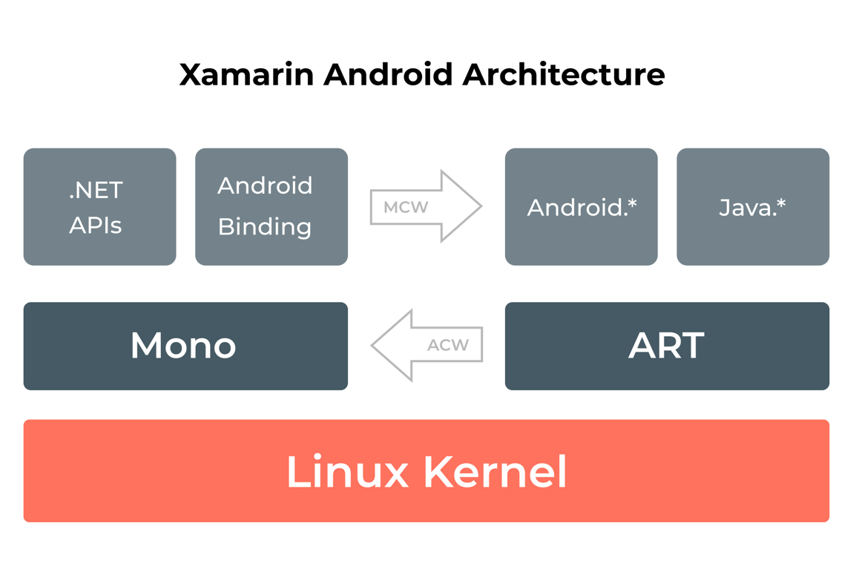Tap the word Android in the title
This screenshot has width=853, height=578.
(x=388, y=75)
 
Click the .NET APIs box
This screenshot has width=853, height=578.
(x=99, y=206)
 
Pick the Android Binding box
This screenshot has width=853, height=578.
(x=271, y=206)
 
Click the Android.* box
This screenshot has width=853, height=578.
(x=581, y=206)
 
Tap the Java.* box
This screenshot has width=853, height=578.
(x=752, y=206)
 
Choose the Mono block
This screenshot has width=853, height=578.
(x=185, y=346)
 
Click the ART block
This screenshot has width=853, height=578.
(x=666, y=346)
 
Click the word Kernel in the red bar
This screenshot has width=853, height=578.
(x=495, y=472)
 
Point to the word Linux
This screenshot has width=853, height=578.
(x=347, y=472)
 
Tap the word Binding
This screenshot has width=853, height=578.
(x=265, y=226)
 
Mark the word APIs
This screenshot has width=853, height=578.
(x=95, y=225)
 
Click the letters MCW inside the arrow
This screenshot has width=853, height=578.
(x=406, y=207)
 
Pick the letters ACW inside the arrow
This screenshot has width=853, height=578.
(x=448, y=345)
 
